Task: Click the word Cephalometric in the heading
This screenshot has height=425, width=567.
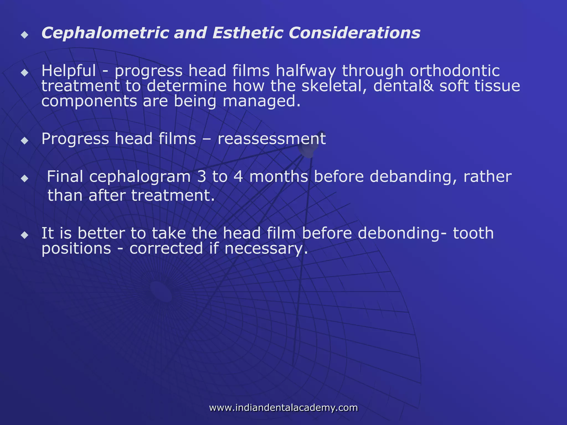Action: pos(105,33)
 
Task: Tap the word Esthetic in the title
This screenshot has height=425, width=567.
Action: pos(248,33)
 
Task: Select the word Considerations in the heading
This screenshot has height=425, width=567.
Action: pos(354,33)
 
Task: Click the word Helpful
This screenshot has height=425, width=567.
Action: pos(69,71)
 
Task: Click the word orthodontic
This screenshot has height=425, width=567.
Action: pos(455,71)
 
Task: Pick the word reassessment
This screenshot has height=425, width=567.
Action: pos(272,139)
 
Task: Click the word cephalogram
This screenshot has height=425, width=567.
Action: pos(140,177)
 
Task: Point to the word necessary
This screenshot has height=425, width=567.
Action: pos(266,249)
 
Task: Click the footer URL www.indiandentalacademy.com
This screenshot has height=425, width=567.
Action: pos(283,408)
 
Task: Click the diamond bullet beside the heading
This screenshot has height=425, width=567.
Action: pos(25,35)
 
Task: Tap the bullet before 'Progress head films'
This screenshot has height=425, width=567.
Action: pos(25,141)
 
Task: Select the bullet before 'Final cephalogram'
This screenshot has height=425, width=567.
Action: pos(25,178)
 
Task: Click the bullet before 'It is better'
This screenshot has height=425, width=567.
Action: pos(25,235)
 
